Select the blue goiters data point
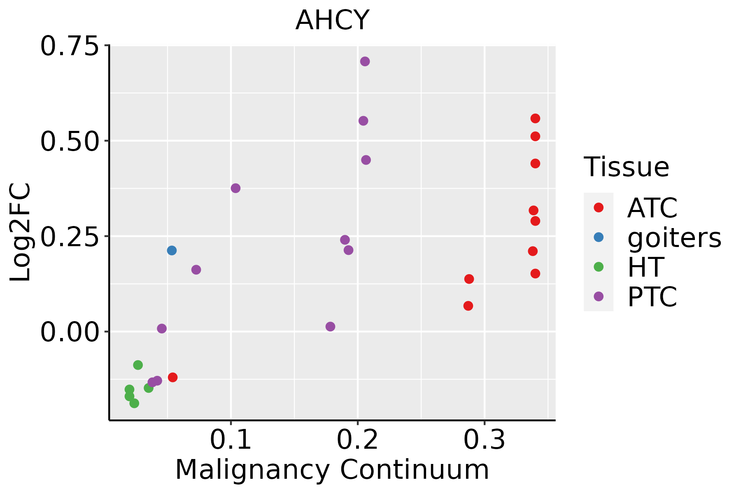click(172, 250)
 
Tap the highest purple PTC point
click(365, 61)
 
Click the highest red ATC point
click(535, 119)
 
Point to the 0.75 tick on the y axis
click(70, 46)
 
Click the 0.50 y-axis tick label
click(70, 141)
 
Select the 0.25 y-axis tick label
click(70, 236)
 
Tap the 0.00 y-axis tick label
click(70, 332)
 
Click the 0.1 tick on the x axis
click(231, 440)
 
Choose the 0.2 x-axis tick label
click(358, 440)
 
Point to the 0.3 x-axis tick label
click(485, 440)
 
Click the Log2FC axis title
click(21, 232)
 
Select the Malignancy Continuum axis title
click(332, 470)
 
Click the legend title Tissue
click(627, 167)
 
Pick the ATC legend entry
click(652, 208)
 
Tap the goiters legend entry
click(674, 238)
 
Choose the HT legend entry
click(645, 267)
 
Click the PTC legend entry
click(652, 297)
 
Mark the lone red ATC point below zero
click(172, 377)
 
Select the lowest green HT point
click(134, 403)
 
